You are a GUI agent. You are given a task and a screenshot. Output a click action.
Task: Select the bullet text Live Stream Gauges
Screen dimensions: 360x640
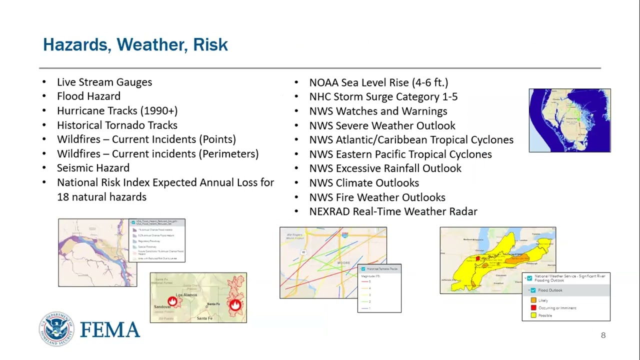(x=104, y=82)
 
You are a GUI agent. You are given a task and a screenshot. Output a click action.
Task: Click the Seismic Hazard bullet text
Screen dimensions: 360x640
(x=93, y=168)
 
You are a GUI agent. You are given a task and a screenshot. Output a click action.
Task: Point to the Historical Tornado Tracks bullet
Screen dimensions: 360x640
(x=117, y=125)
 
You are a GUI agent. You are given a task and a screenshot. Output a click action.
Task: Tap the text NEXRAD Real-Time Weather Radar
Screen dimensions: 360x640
(x=393, y=211)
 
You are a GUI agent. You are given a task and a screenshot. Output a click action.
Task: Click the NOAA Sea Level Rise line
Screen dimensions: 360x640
(x=378, y=82)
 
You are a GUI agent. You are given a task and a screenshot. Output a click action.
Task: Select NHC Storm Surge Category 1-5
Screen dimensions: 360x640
(x=383, y=96)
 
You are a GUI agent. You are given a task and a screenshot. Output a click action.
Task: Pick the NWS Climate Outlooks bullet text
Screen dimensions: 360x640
(x=364, y=183)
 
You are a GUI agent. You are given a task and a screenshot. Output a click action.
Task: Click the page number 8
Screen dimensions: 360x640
(x=603, y=335)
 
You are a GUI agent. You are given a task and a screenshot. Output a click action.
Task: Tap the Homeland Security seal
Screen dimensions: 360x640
(x=56, y=328)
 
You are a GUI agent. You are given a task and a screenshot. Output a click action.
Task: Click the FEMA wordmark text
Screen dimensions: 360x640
(x=110, y=330)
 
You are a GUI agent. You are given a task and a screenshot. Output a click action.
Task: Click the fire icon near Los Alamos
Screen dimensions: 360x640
(x=172, y=301)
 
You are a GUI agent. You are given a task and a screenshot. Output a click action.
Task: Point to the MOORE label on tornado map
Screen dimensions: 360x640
(x=343, y=262)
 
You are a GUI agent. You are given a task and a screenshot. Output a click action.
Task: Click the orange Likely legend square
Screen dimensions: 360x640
(x=533, y=300)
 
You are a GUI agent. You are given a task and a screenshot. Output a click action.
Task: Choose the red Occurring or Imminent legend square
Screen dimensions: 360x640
(x=533, y=307)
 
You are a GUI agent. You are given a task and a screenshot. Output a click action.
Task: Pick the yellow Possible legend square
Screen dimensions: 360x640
(x=533, y=315)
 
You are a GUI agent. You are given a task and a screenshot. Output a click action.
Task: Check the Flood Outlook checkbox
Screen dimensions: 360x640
(x=533, y=290)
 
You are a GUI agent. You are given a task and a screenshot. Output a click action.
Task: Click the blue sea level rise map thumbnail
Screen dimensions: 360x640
(x=569, y=120)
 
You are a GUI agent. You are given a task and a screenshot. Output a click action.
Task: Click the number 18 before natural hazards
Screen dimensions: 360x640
(x=63, y=197)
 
